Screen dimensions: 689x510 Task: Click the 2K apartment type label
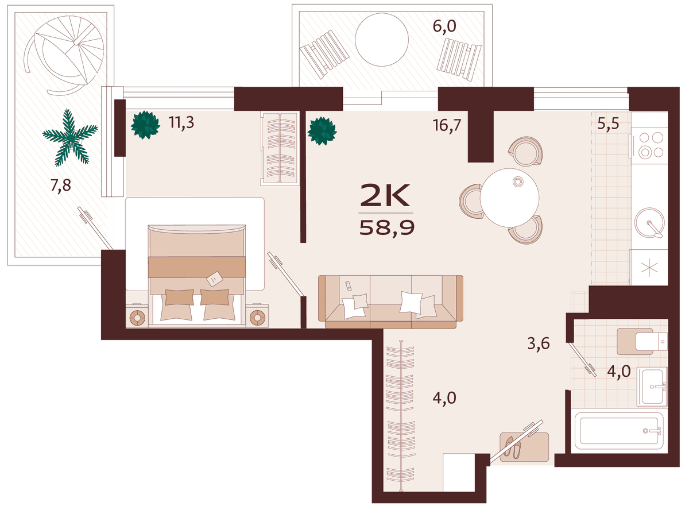pos(385,195)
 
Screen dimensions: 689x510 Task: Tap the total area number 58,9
pos(387,228)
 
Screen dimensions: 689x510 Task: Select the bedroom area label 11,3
pos(181,122)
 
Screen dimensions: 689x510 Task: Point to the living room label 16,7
pos(447,125)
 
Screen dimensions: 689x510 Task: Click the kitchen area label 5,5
pos(608,123)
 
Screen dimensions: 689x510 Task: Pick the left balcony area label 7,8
pos(61,186)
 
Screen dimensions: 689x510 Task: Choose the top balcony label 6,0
pos(444,26)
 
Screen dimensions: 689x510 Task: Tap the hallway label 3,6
pos(539,343)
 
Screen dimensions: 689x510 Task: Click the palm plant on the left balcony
pos(70,138)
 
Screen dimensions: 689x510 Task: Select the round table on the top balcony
pos(381,40)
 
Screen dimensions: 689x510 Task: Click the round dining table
pos(509,198)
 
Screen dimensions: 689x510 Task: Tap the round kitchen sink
pos(649,222)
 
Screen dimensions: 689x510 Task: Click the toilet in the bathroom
pos(642,341)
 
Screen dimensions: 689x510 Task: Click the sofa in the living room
pos(390,302)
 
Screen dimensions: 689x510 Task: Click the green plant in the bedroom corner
pos(145,125)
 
